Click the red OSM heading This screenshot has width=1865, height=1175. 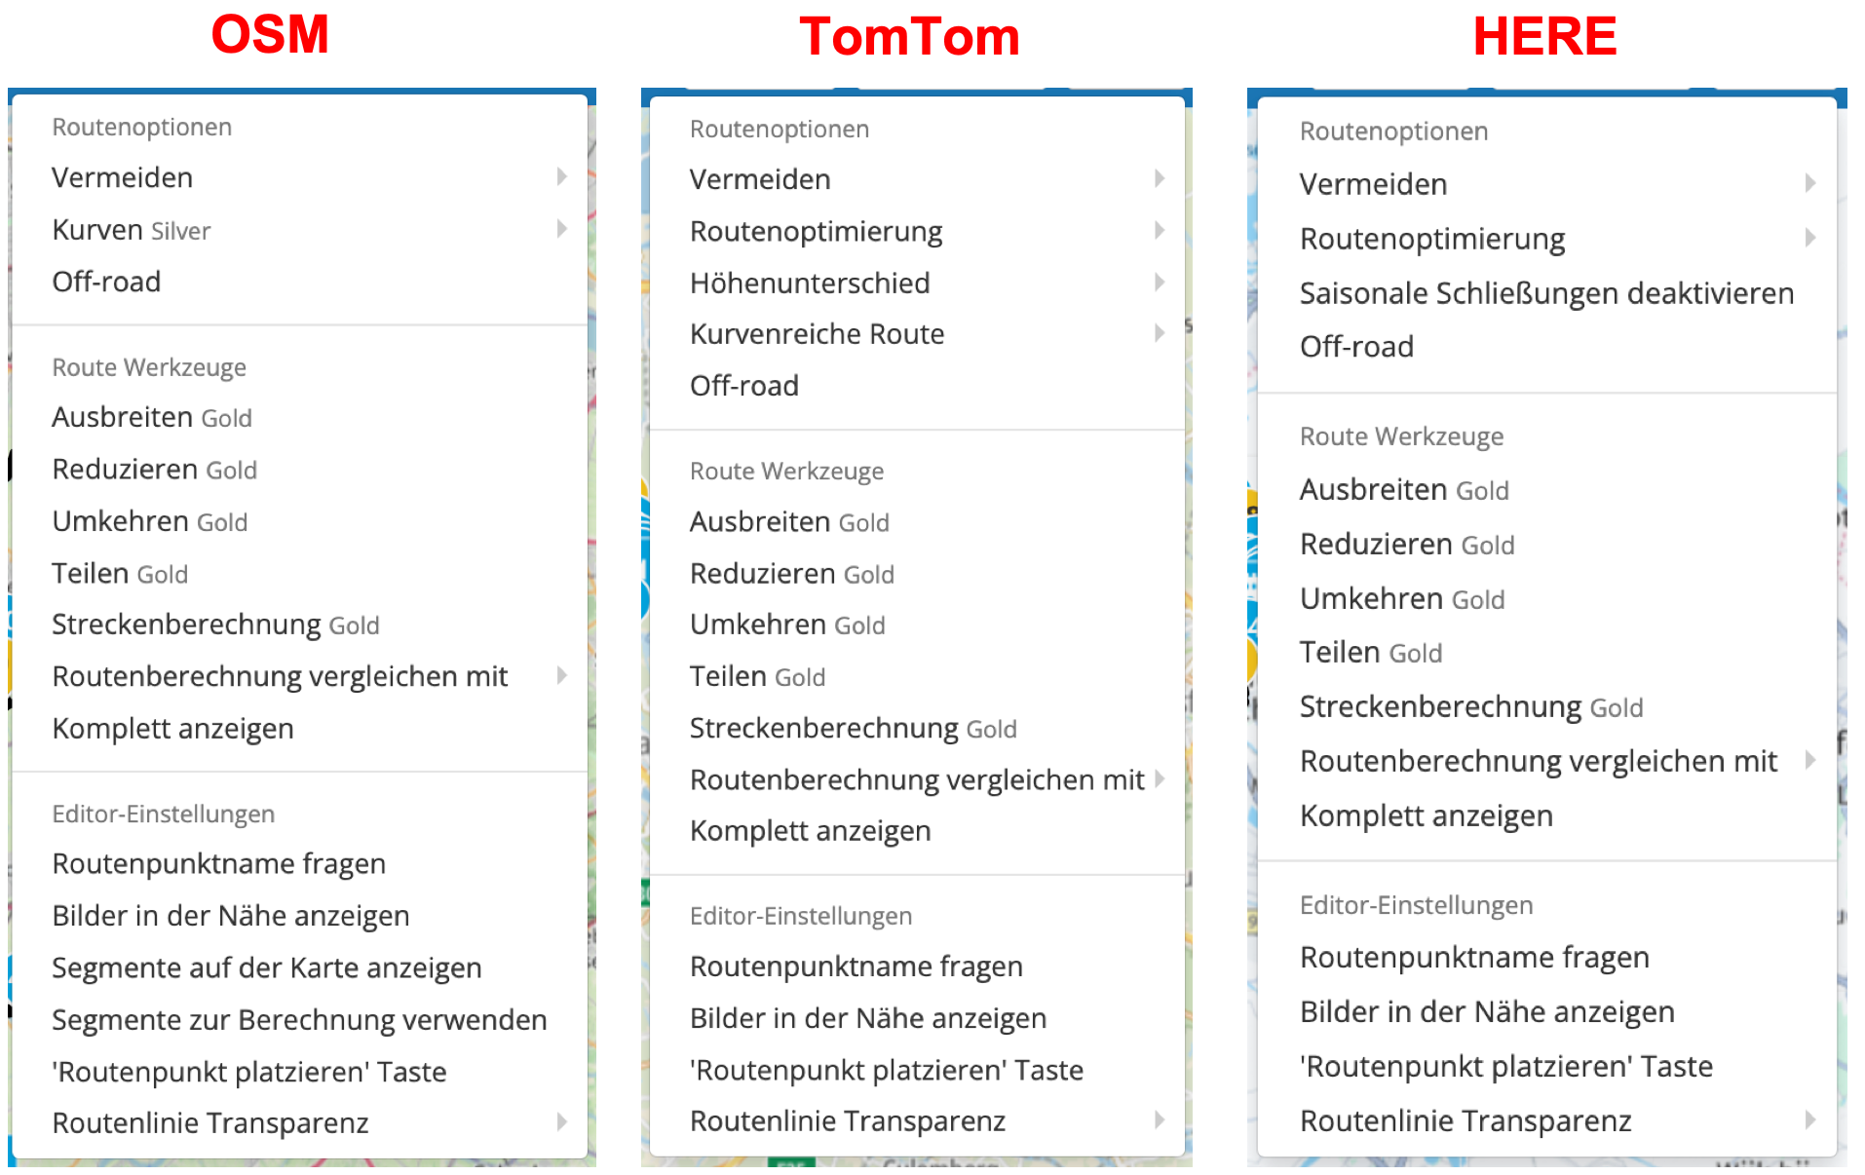point(270,35)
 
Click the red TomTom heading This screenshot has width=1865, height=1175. point(909,37)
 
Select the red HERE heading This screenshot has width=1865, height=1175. point(1544,37)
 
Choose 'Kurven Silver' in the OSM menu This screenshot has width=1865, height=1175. point(132,230)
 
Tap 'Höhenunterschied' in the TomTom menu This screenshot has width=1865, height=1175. point(809,284)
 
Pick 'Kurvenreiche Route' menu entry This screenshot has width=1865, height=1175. point(817,334)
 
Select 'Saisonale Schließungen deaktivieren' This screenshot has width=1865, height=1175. point(1545,293)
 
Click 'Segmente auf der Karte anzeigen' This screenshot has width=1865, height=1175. point(266,967)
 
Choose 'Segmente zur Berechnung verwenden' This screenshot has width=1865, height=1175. point(299,1020)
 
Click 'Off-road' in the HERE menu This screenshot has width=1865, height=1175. point(1356,347)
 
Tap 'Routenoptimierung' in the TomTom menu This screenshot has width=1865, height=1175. point(816,232)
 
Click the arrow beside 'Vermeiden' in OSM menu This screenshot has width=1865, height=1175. point(562,176)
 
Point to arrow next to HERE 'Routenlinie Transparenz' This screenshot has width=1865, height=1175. point(1809,1119)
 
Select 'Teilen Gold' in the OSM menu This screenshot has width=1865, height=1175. point(120,574)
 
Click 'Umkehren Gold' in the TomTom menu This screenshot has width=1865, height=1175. point(787,625)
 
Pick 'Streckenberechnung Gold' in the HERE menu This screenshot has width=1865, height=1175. point(1470,707)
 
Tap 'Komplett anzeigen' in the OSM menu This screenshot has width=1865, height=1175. point(172,729)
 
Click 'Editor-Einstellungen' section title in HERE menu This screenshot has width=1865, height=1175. point(1416,905)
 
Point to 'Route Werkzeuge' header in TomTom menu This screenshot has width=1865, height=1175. point(786,472)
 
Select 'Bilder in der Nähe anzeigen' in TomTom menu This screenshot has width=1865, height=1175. point(867,1018)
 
